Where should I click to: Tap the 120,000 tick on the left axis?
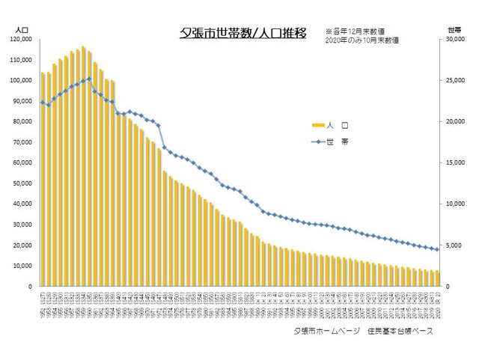point(20,38)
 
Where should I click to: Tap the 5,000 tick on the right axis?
point(454,245)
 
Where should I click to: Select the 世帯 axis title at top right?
point(453,28)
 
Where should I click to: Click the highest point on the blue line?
point(89,79)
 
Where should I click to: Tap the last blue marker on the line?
point(436,249)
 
